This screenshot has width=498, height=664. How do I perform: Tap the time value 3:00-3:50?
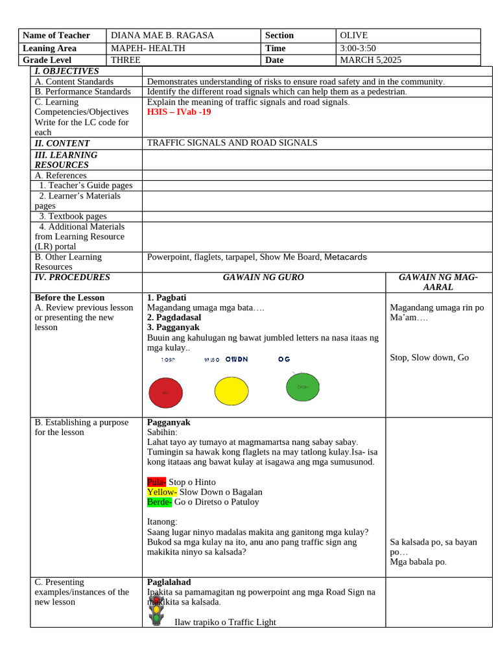pyautogui.click(x=357, y=48)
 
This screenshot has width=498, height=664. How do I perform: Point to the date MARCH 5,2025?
pyautogui.click(x=370, y=60)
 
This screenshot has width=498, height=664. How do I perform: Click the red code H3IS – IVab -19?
pyautogui.click(x=179, y=112)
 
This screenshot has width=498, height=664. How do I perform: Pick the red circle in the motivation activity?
pyautogui.click(x=165, y=393)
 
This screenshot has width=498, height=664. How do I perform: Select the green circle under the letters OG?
pyautogui.click(x=303, y=387)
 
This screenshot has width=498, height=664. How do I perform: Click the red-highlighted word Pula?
pyautogui.click(x=156, y=482)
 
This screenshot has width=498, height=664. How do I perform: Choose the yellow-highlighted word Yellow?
pyautogui.click(x=161, y=492)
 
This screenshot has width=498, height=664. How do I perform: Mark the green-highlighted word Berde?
pyautogui.click(x=160, y=501)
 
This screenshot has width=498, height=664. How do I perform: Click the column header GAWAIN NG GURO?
pyautogui.click(x=263, y=278)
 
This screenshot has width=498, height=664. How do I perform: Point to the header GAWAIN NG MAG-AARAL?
pyautogui.click(x=438, y=282)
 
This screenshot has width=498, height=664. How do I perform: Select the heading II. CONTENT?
pyautogui.click(x=62, y=143)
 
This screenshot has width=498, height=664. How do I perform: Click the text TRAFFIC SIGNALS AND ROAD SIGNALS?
pyautogui.click(x=232, y=143)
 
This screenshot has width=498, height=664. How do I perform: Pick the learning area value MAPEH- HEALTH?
pyautogui.click(x=148, y=48)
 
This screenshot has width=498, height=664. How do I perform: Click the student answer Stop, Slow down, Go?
pyautogui.click(x=429, y=357)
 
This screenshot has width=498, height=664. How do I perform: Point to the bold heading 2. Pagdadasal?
pyautogui.click(x=174, y=317)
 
